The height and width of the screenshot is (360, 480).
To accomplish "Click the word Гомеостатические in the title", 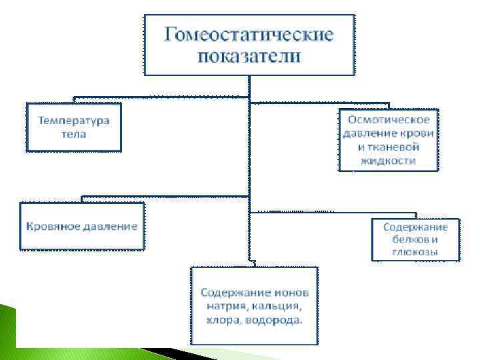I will point(249,33).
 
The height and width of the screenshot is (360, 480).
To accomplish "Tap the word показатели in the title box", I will point(249,55).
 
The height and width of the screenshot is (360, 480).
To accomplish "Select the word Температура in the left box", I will point(73,121).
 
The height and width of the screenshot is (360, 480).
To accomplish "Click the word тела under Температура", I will point(73,133).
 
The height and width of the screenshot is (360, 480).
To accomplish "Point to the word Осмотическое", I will point(389,119).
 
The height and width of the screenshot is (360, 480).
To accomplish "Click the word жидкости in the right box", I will point(389,161).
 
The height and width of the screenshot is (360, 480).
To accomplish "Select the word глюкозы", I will point(415,252).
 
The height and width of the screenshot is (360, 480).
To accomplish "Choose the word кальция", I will point(278,307).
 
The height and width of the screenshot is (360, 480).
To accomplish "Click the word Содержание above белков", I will point(415,227).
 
